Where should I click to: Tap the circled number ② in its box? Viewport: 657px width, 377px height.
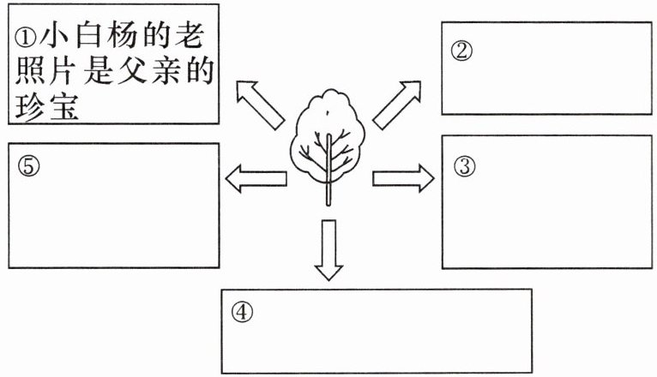(461, 51)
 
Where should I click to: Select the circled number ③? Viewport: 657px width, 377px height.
(464, 166)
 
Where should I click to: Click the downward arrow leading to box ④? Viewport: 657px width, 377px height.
(328, 248)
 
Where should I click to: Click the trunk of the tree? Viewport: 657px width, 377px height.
(328, 184)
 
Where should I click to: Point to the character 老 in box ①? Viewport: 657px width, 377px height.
(199, 39)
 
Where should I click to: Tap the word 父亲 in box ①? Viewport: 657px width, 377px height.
(155, 75)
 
